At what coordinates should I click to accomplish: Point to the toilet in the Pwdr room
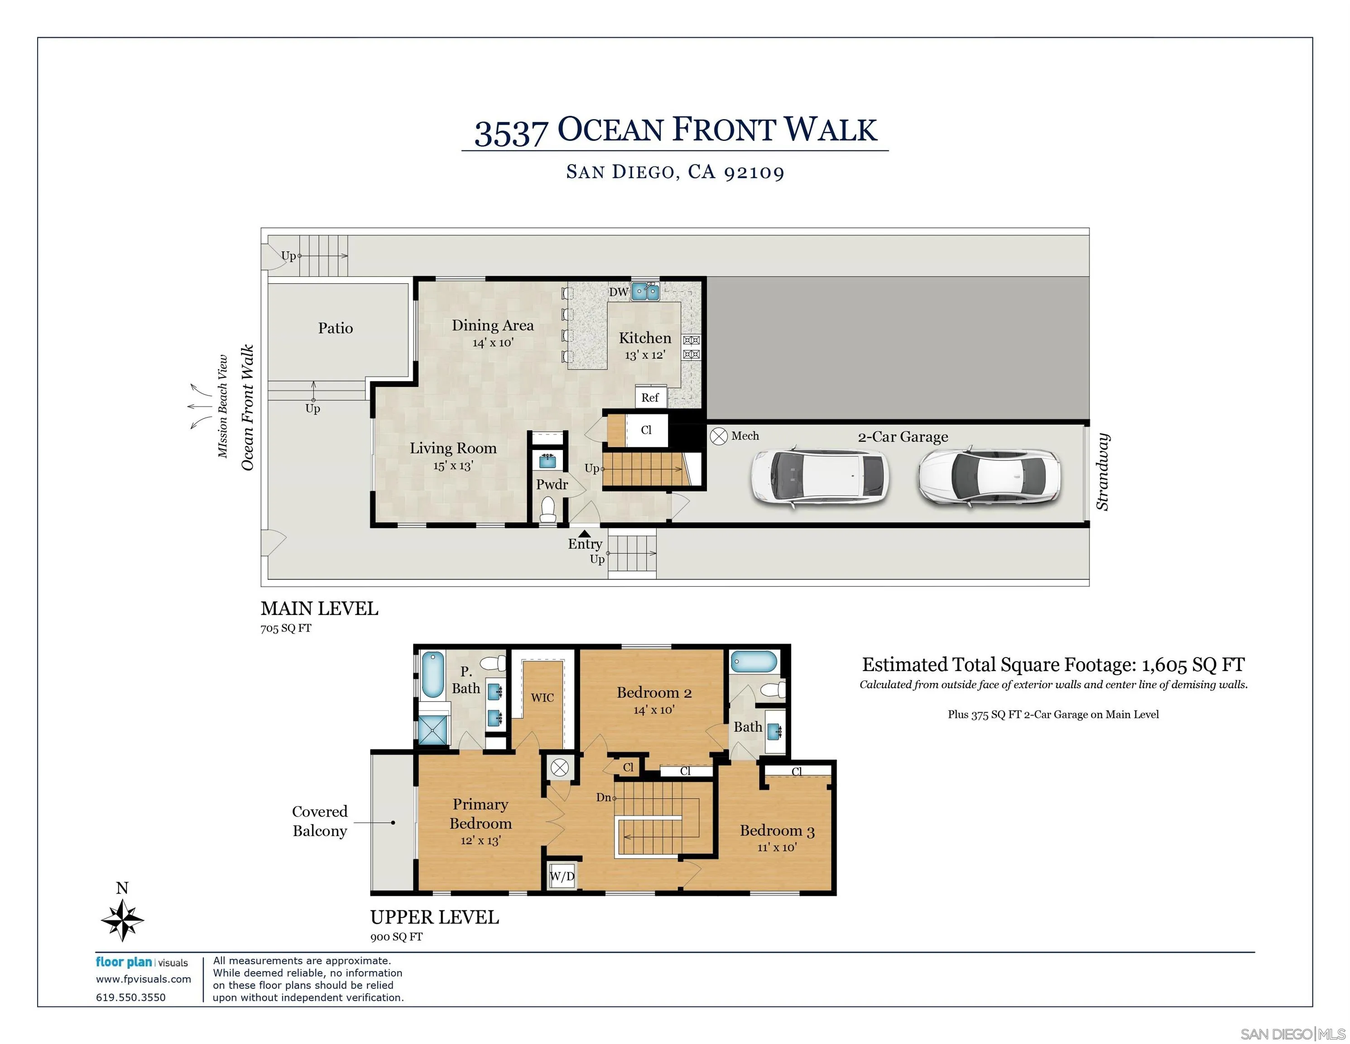tap(548, 510)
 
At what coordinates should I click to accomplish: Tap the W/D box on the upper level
tap(562, 876)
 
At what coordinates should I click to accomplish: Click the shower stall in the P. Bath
tap(432, 730)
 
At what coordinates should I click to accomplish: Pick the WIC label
tap(542, 698)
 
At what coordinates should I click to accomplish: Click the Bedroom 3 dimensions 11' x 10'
tap(777, 847)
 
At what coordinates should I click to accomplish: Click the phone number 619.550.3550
tap(130, 997)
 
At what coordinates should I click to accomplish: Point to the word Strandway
tap(1102, 472)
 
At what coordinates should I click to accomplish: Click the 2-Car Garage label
tap(903, 437)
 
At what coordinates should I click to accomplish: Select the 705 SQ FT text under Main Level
tap(286, 628)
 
